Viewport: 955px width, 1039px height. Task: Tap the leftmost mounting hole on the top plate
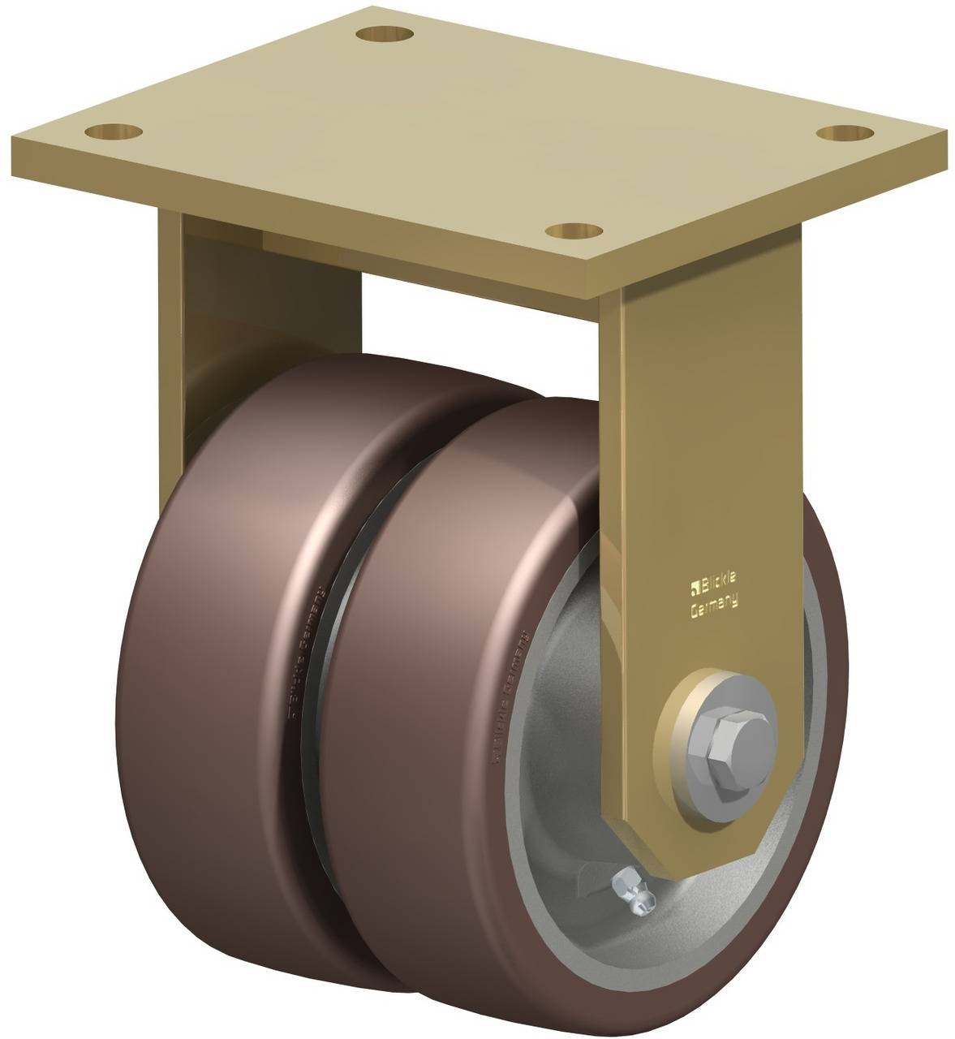111,129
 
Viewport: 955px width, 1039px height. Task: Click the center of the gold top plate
479,130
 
